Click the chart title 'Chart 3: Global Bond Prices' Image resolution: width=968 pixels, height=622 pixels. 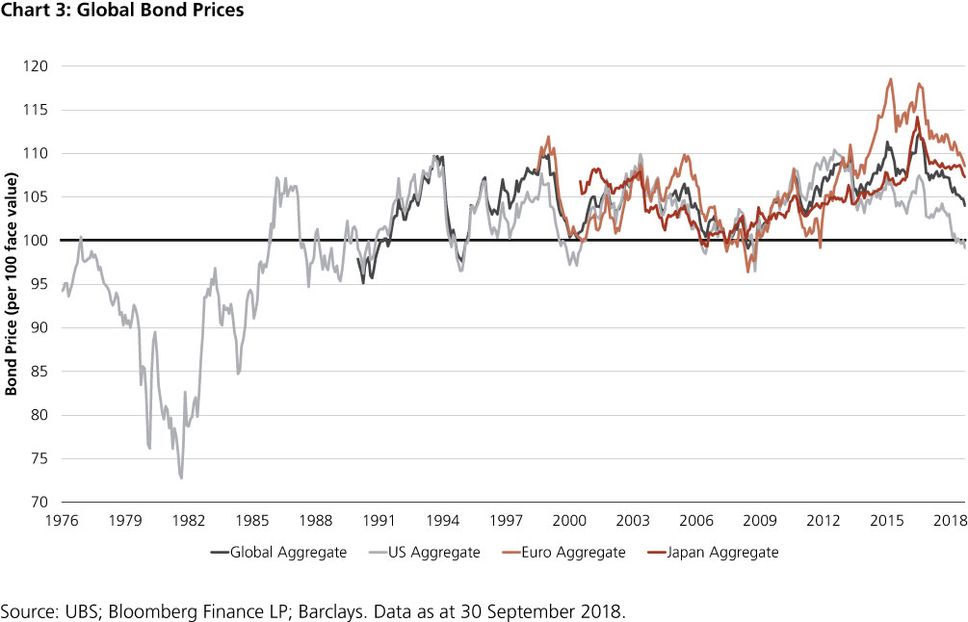122,12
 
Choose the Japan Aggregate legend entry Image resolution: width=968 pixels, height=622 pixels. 725,553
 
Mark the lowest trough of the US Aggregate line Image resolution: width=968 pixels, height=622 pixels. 181,478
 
